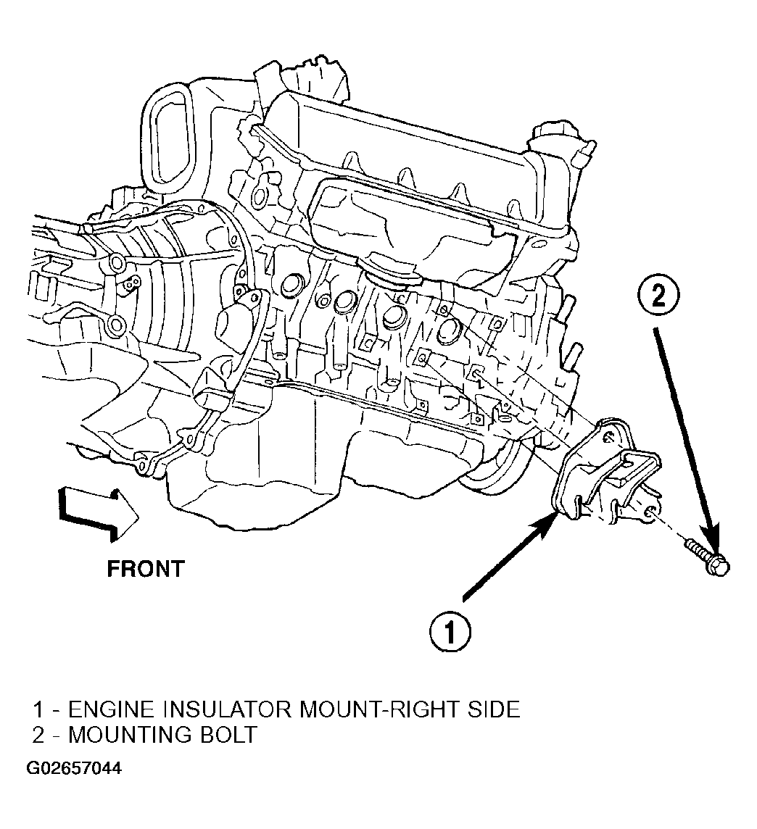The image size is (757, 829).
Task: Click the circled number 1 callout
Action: click(450, 633)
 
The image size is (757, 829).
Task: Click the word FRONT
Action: click(146, 569)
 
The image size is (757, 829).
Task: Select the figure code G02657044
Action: click(74, 768)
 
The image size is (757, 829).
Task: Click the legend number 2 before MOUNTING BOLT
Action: click(38, 735)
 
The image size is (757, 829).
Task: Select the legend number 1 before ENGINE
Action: click(38, 709)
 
